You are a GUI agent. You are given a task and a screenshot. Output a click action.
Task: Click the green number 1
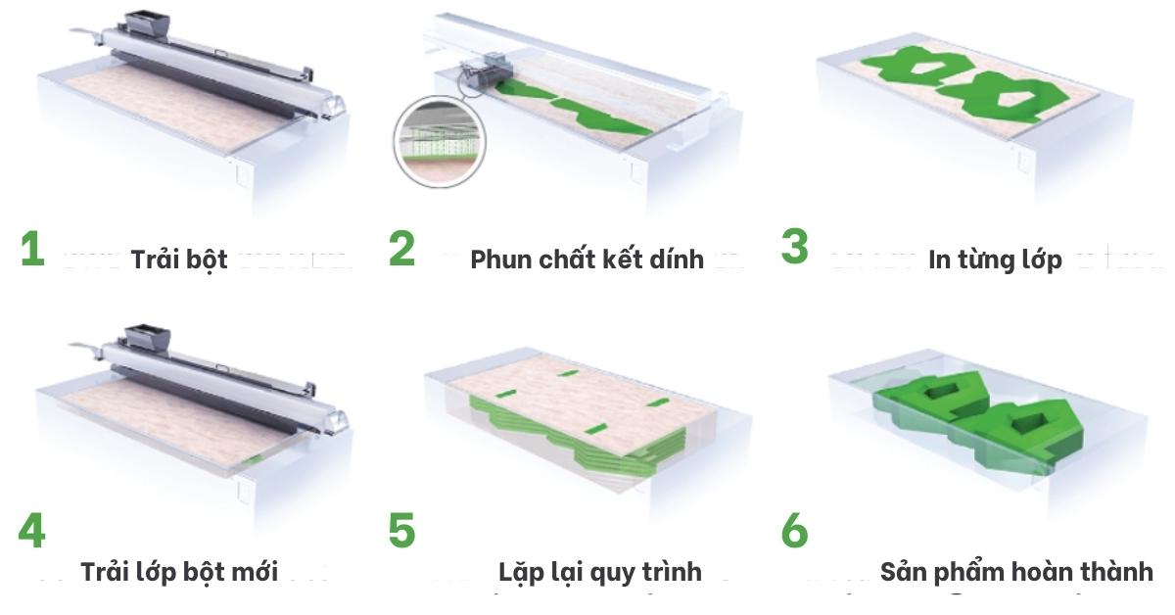(x=32, y=249)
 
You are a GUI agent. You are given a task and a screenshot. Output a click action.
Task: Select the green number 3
(x=794, y=246)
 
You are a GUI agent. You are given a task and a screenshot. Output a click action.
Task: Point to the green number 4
(x=31, y=531)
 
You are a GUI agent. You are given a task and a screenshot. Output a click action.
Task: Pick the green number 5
(x=401, y=531)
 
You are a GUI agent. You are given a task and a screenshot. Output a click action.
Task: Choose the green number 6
(x=794, y=531)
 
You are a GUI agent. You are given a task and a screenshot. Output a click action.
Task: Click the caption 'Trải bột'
(x=179, y=260)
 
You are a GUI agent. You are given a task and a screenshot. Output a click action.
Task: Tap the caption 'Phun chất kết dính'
(x=587, y=259)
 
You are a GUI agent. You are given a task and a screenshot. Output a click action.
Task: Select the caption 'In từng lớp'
(x=995, y=260)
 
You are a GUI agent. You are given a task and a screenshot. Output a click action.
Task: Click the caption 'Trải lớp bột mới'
(x=179, y=572)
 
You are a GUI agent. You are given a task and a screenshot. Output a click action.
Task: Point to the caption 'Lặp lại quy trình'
(x=600, y=572)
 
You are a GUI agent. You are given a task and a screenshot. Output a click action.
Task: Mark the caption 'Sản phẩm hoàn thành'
(x=1016, y=572)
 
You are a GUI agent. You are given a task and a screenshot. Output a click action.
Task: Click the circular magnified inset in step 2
(x=440, y=142)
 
